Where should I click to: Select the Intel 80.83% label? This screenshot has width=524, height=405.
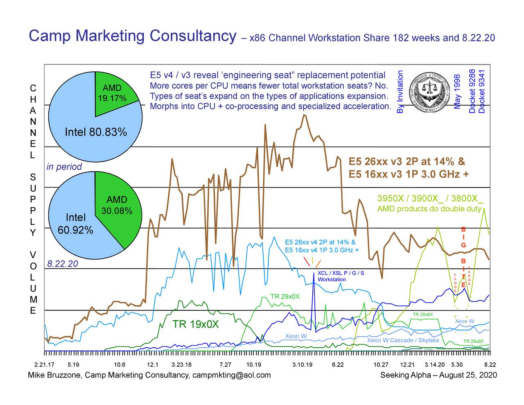[96, 132]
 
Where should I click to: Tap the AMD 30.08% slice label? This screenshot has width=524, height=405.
[117, 205]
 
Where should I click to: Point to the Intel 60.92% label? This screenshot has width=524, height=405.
[75, 224]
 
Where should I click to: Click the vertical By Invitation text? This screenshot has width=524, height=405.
[400, 92]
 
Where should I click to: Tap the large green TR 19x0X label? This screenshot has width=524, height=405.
[196, 325]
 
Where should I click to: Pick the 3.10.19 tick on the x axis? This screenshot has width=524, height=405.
[303, 365]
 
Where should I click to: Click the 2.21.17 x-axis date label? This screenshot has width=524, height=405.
[44, 365]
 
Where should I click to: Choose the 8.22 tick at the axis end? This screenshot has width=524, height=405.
[490, 365]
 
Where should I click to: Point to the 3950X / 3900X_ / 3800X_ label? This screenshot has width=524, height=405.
[430, 199]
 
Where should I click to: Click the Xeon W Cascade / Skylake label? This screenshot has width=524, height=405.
[403, 341]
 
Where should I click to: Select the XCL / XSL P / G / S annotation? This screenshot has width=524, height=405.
[341, 273]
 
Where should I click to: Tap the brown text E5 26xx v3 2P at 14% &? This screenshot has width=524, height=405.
[407, 162]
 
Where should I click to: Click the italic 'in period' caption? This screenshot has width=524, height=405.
[64, 167]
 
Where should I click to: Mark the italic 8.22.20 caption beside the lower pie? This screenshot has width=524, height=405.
[63, 264]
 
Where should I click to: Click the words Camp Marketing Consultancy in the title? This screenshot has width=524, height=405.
[132, 36]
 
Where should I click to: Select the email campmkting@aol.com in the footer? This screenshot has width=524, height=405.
[231, 376]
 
